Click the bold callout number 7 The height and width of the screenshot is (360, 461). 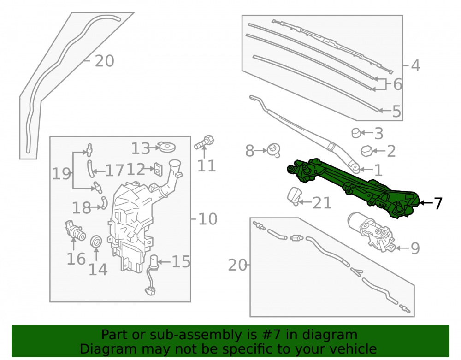(438, 203)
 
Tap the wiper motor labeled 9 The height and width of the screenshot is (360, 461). (371, 232)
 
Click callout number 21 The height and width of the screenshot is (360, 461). (322, 203)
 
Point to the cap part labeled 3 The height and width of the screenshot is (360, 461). (356, 133)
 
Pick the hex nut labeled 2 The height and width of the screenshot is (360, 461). (366, 151)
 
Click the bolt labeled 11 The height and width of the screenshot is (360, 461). (204, 142)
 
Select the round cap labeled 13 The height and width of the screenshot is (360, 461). (167, 147)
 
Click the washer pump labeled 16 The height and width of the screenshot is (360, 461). (75, 230)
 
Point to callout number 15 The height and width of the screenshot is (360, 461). (181, 261)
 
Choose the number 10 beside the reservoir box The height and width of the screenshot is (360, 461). (208, 219)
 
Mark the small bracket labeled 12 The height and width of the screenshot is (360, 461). (159, 170)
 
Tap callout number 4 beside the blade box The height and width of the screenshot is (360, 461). (415, 65)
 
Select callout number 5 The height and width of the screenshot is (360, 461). (396, 112)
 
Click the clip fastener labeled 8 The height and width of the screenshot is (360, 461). (274, 150)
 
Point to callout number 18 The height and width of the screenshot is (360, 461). (82, 208)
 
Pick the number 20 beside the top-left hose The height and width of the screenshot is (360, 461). (104, 61)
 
